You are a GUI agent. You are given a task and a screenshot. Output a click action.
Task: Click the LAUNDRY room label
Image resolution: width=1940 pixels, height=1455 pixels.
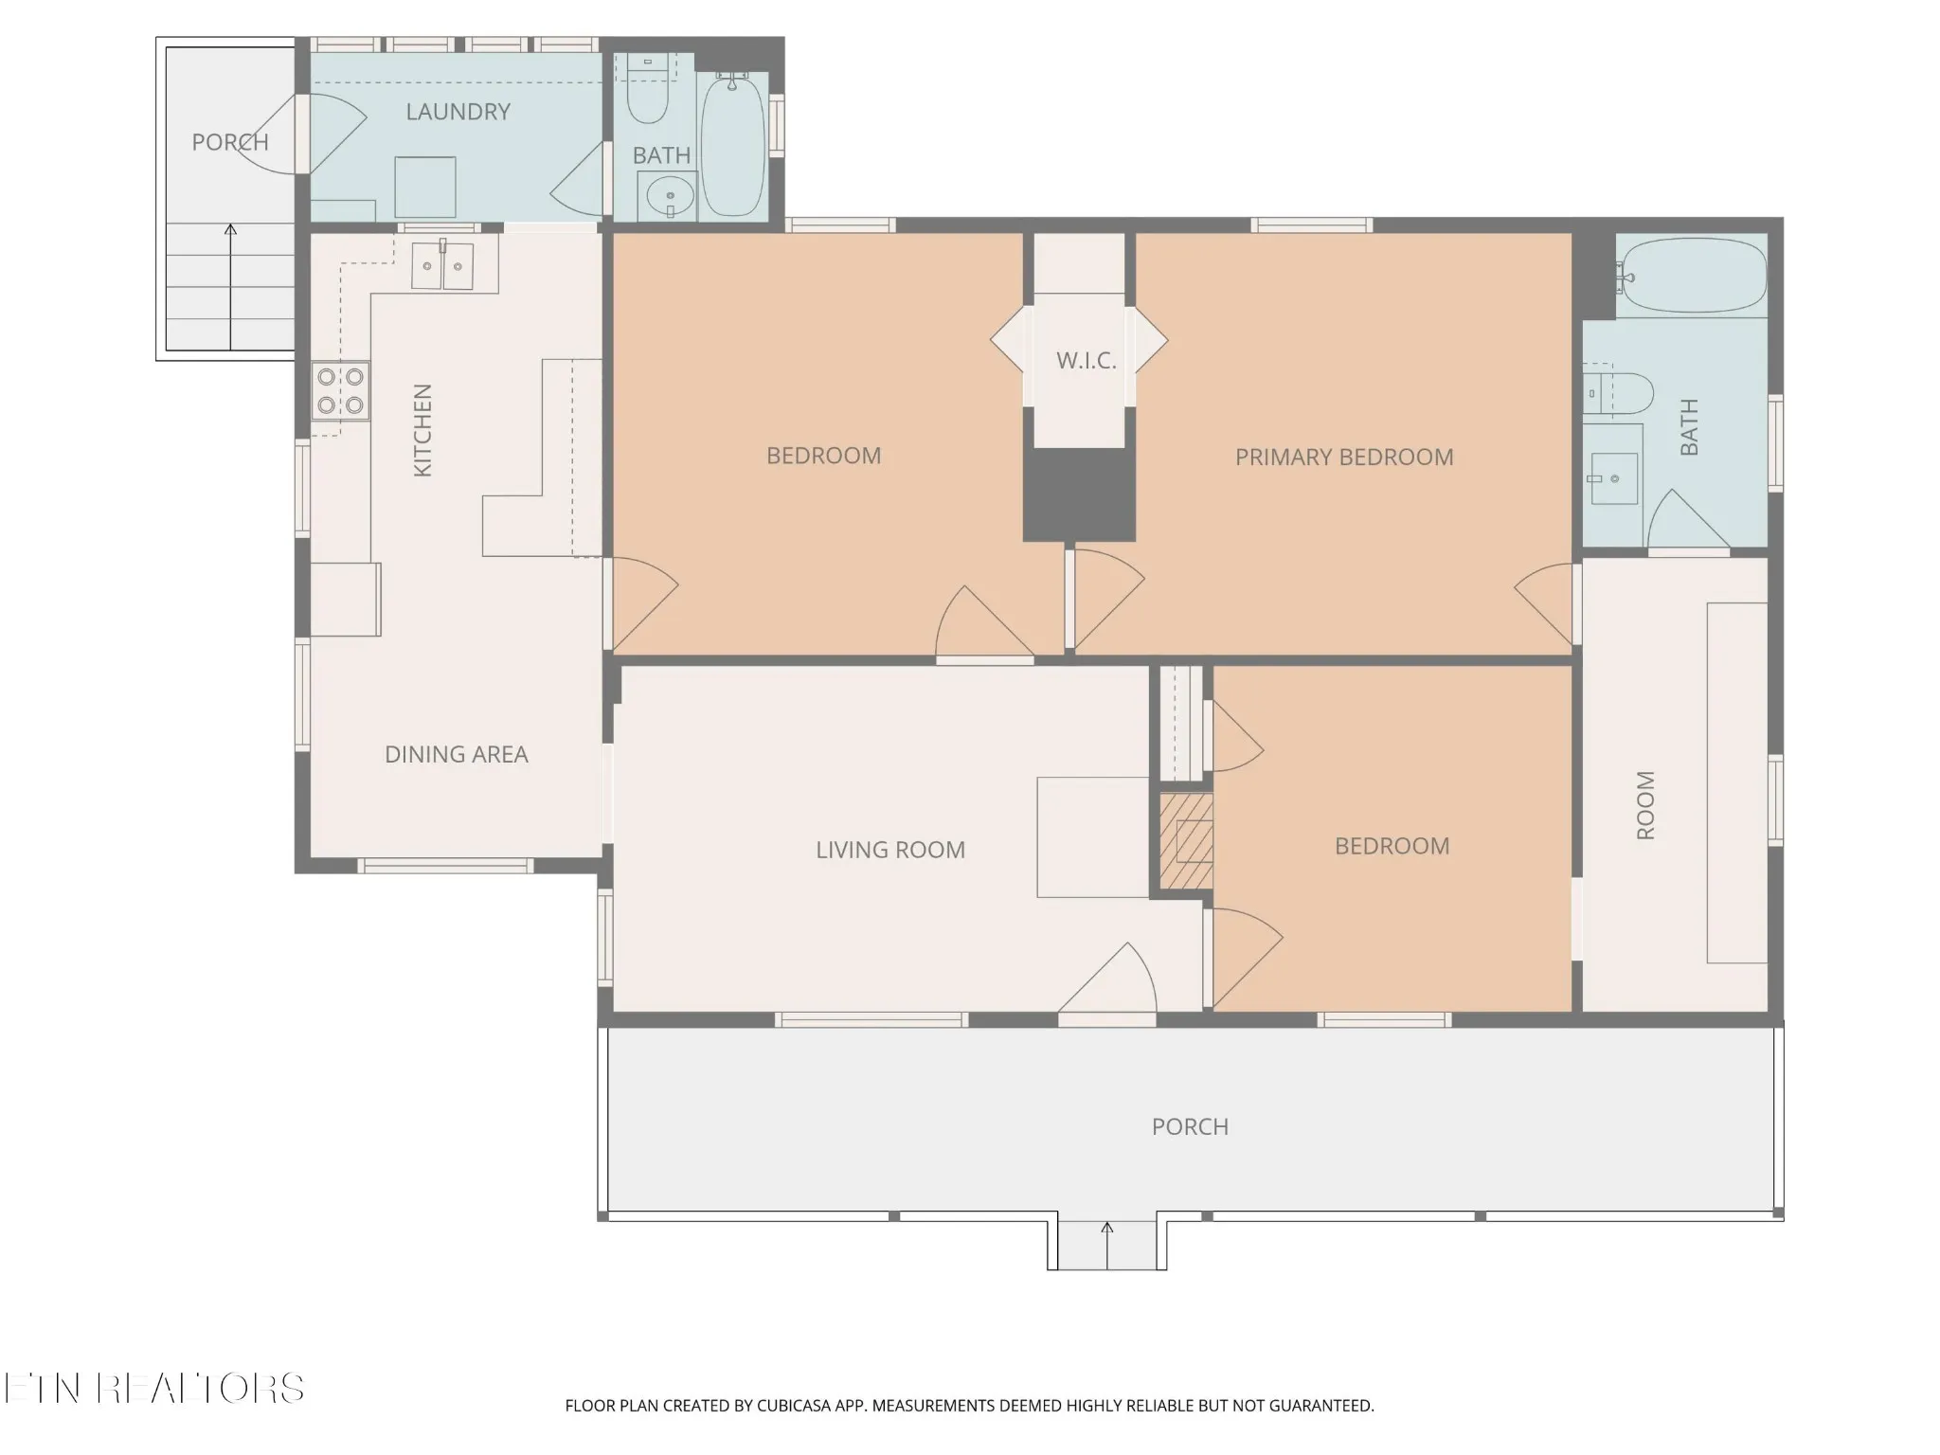[x=458, y=112]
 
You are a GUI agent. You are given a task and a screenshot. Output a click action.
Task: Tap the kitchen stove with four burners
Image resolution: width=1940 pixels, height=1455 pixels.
[x=341, y=391]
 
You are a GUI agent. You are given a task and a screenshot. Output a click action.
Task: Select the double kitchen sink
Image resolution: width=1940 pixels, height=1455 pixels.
[x=442, y=266]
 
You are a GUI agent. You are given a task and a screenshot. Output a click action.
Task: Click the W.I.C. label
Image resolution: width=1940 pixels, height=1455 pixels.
[x=1087, y=361]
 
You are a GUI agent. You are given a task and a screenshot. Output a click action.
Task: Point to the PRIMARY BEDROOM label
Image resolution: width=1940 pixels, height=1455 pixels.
[x=1344, y=458]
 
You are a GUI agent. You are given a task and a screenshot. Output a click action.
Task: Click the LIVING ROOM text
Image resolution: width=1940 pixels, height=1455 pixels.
[x=890, y=851]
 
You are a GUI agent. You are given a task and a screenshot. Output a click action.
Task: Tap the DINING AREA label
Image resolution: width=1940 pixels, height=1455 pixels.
[x=456, y=755]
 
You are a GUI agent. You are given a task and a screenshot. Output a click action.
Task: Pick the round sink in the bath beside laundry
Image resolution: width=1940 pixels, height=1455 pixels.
[x=670, y=197]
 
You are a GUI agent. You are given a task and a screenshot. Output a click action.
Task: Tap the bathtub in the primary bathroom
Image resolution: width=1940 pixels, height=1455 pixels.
[x=1692, y=275]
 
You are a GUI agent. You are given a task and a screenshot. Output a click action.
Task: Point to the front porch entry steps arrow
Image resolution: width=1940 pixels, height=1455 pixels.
[x=1107, y=1246]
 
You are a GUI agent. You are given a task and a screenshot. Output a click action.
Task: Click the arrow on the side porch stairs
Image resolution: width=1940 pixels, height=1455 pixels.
[x=230, y=287]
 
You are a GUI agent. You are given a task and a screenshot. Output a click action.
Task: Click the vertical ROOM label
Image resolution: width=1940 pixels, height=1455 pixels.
[x=1646, y=805]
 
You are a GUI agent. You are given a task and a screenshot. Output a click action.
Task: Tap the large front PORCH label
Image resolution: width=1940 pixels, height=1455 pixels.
[x=1190, y=1127]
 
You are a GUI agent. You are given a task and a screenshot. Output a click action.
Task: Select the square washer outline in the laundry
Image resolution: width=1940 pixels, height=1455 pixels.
[x=425, y=187]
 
